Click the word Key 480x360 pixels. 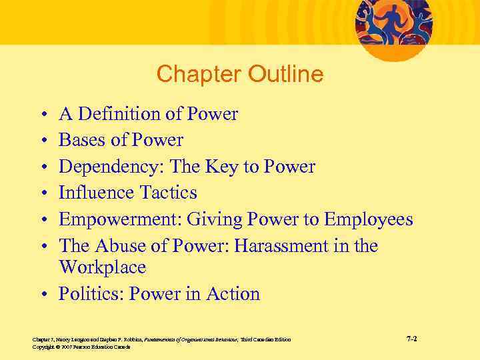click(x=236, y=167)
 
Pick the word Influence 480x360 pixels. click(x=96, y=193)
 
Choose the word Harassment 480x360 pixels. click(x=281, y=246)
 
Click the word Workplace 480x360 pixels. click(x=102, y=268)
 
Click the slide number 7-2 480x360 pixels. click(x=411, y=339)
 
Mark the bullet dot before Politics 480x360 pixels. click(x=43, y=295)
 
